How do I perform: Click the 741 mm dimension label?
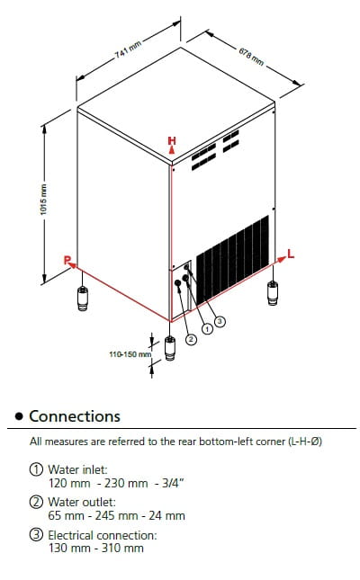tap(128, 49)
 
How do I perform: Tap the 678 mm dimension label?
tap(251, 57)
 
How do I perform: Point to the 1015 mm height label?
tap(44, 200)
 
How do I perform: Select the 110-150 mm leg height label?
tap(130, 354)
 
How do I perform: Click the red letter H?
tap(172, 140)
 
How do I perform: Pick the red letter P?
tap(67, 260)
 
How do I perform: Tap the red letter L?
tap(291, 254)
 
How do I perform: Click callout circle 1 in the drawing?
tap(207, 328)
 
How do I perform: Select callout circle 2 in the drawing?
tap(191, 339)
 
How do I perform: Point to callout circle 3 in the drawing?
tap(220, 321)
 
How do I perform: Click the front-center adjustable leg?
tap(170, 348)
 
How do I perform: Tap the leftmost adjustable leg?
tap(83, 299)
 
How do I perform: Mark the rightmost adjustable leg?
tap(273, 293)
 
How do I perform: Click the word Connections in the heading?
tap(75, 416)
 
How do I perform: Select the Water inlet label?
tap(77, 469)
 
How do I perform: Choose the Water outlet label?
tap(82, 502)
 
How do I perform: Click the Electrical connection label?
tap(103, 535)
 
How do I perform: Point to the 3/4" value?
tap(173, 483)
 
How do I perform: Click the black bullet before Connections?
tap(19, 416)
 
